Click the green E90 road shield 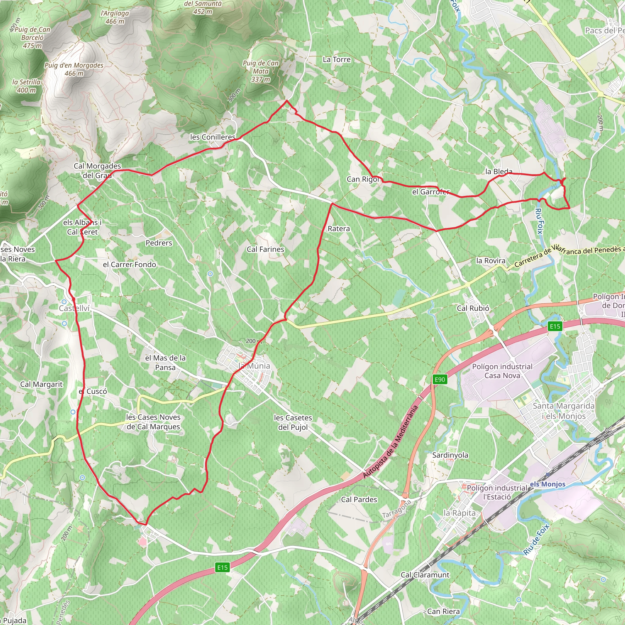(440, 379)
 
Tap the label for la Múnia (254, 366)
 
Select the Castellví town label (74, 308)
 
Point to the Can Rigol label (363, 179)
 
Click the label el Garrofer (431, 192)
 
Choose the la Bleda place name (499, 172)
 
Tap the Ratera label (339, 229)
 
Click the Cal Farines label (265, 249)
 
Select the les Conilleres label (212, 137)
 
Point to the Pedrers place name (159, 243)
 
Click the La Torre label (336, 60)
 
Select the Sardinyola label (450, 455)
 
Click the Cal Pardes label (359, 500)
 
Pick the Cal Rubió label (473, 308)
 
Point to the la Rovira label (490, 261)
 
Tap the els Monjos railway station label (547, 484)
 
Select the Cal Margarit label (42, 384)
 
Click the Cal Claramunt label (425, 575)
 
